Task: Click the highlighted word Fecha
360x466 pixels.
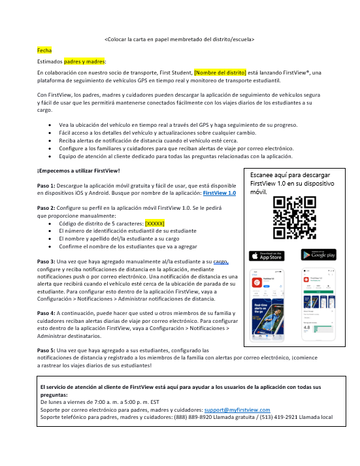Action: [x=44, y=50]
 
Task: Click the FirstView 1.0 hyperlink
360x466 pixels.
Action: [x=220, y=193]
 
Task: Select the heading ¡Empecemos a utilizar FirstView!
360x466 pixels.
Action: [x=78, y=171]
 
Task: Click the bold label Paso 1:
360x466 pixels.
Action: [x=46, y=186]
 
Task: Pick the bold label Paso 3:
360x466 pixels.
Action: [x=46, y=261]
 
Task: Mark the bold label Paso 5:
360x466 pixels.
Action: [x=46, y=351]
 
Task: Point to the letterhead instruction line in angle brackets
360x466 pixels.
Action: [x=180, y=39]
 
